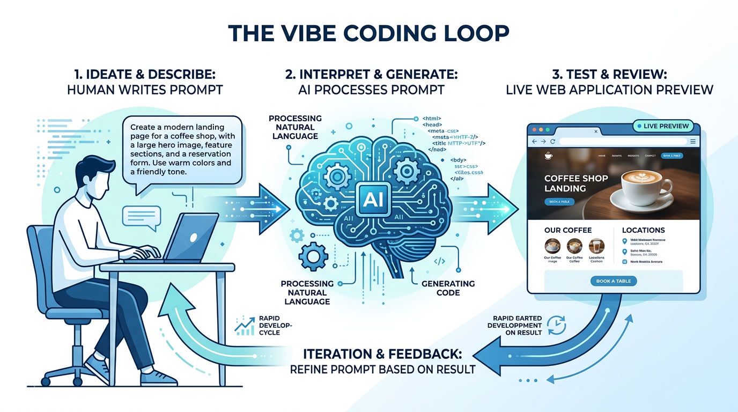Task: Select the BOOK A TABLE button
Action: [x=614, y=281]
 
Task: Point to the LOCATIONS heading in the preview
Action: [x=643, y=230]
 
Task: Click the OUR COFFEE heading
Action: [x=568, y=230]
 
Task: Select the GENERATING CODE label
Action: [x=448, y=288]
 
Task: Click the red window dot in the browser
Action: [x=534, y=130]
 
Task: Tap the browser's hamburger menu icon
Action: [x=693, y=142]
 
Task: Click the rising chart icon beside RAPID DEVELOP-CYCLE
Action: [x=245, y=326]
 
